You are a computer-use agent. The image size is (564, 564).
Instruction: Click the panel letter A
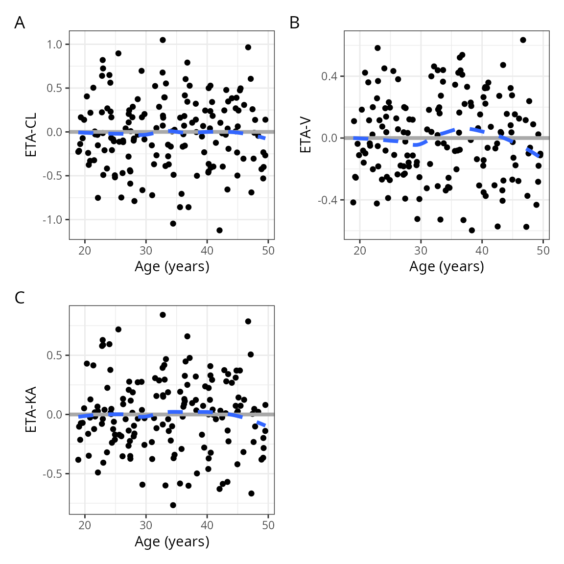click(x=20, y=23)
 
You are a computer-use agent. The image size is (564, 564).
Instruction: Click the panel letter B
click(x=294, y=23)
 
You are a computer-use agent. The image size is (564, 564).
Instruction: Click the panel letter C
click(x=20, y=298)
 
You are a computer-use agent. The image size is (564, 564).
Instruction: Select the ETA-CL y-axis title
click(x=31, y=135)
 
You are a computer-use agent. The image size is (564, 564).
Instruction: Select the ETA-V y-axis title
click(x=306, y=135)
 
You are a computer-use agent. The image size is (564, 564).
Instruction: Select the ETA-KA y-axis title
click(x=31, y=410)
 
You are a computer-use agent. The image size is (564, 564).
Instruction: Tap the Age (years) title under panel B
click(x=446, y=266)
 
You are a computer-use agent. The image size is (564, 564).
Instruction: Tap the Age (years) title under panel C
click(x=172, y=541)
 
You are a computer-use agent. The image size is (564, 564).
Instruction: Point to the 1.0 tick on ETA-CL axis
click(x=55, y=45)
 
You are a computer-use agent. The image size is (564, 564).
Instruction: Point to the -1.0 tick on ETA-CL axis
click(x=53, y=220)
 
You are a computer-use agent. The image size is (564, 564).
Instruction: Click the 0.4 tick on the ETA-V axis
click(x=329, y=76)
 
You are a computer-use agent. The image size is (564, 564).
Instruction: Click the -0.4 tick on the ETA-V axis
click(x=328, y=200)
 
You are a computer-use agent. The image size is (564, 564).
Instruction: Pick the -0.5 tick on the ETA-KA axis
click(x=53, y=474)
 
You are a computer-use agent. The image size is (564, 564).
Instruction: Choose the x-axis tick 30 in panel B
click(x=421, y=251)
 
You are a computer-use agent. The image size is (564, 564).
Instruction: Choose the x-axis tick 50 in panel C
click(x=268, y=525)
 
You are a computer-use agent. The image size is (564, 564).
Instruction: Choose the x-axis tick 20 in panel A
click(x=85, y=251)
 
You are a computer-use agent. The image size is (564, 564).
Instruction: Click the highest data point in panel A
click(x=163, y=40)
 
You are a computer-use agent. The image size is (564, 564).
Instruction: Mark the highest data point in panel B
click(x=523, y=40)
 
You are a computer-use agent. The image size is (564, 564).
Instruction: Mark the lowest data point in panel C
click(x=173, y=505)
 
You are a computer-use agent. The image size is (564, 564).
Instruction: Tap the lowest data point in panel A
click(x=219, y=230)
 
